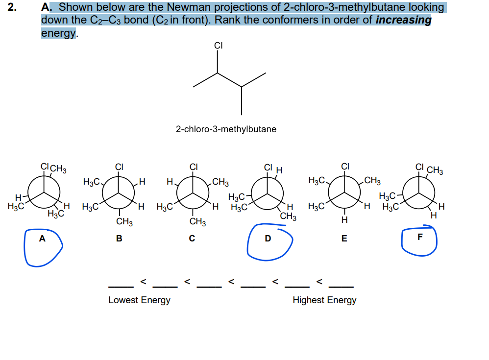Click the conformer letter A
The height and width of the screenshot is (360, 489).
coord(42,239)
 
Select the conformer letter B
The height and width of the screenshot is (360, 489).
coord(119,239)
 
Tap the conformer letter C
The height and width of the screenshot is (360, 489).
coord(192,239)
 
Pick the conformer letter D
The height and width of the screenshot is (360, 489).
coord(268,239)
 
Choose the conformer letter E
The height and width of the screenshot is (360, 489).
coord(344,239)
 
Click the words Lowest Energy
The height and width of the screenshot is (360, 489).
coord(139,300)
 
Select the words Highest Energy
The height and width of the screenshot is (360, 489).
coord(324,300)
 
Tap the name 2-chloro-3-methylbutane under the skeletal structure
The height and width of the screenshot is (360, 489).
coord(226,129)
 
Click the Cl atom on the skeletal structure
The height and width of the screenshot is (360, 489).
coord(219,46)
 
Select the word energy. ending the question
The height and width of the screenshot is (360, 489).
coord(59,33)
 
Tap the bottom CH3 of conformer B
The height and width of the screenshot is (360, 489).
coord(124,222)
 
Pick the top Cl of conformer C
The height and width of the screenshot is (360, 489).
coord(194,166)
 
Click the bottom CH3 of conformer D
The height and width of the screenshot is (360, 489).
coord(288,216)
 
